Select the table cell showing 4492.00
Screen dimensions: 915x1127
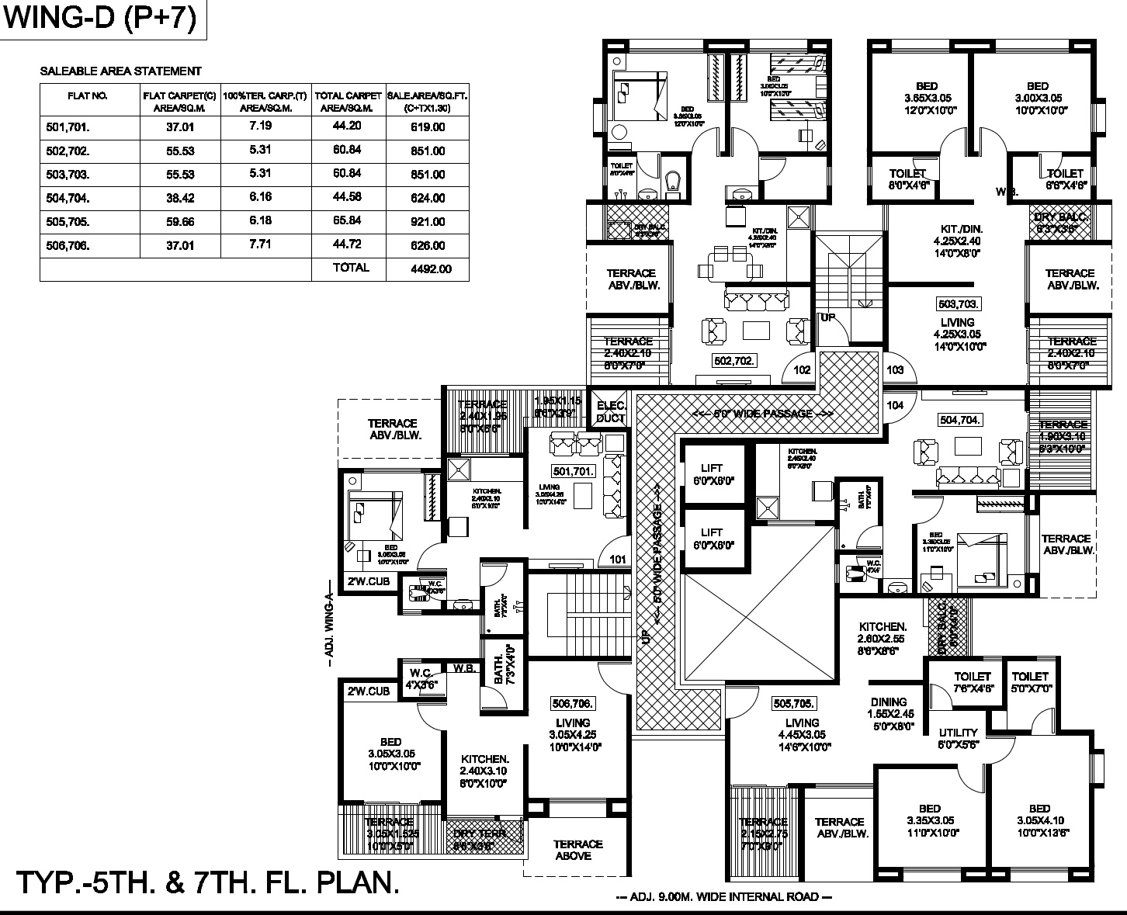pos(428,269)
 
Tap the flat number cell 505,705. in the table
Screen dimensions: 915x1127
pos(68,222)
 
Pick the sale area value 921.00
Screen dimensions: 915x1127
pos(428,222)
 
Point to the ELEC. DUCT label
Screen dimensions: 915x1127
pos(611,412)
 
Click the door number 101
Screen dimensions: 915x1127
pos(618,559)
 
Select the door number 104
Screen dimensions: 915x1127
pos(895,405)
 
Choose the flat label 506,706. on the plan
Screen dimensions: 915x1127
pos(573,704)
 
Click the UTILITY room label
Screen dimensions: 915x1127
pos(959,733)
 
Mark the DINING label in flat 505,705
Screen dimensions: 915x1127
pos(889,702)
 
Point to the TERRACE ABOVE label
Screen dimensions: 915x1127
pos(578,850)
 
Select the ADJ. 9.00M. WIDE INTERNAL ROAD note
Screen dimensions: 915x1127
pos(723,897)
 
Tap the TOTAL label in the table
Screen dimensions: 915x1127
pos(351,268)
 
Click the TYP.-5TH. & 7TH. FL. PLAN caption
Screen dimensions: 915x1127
pos(208,883)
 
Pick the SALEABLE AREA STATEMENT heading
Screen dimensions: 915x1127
pos(120,71)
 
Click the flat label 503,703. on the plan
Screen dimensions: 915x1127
pos(959,304)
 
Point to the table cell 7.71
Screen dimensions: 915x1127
pos(260,245)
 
